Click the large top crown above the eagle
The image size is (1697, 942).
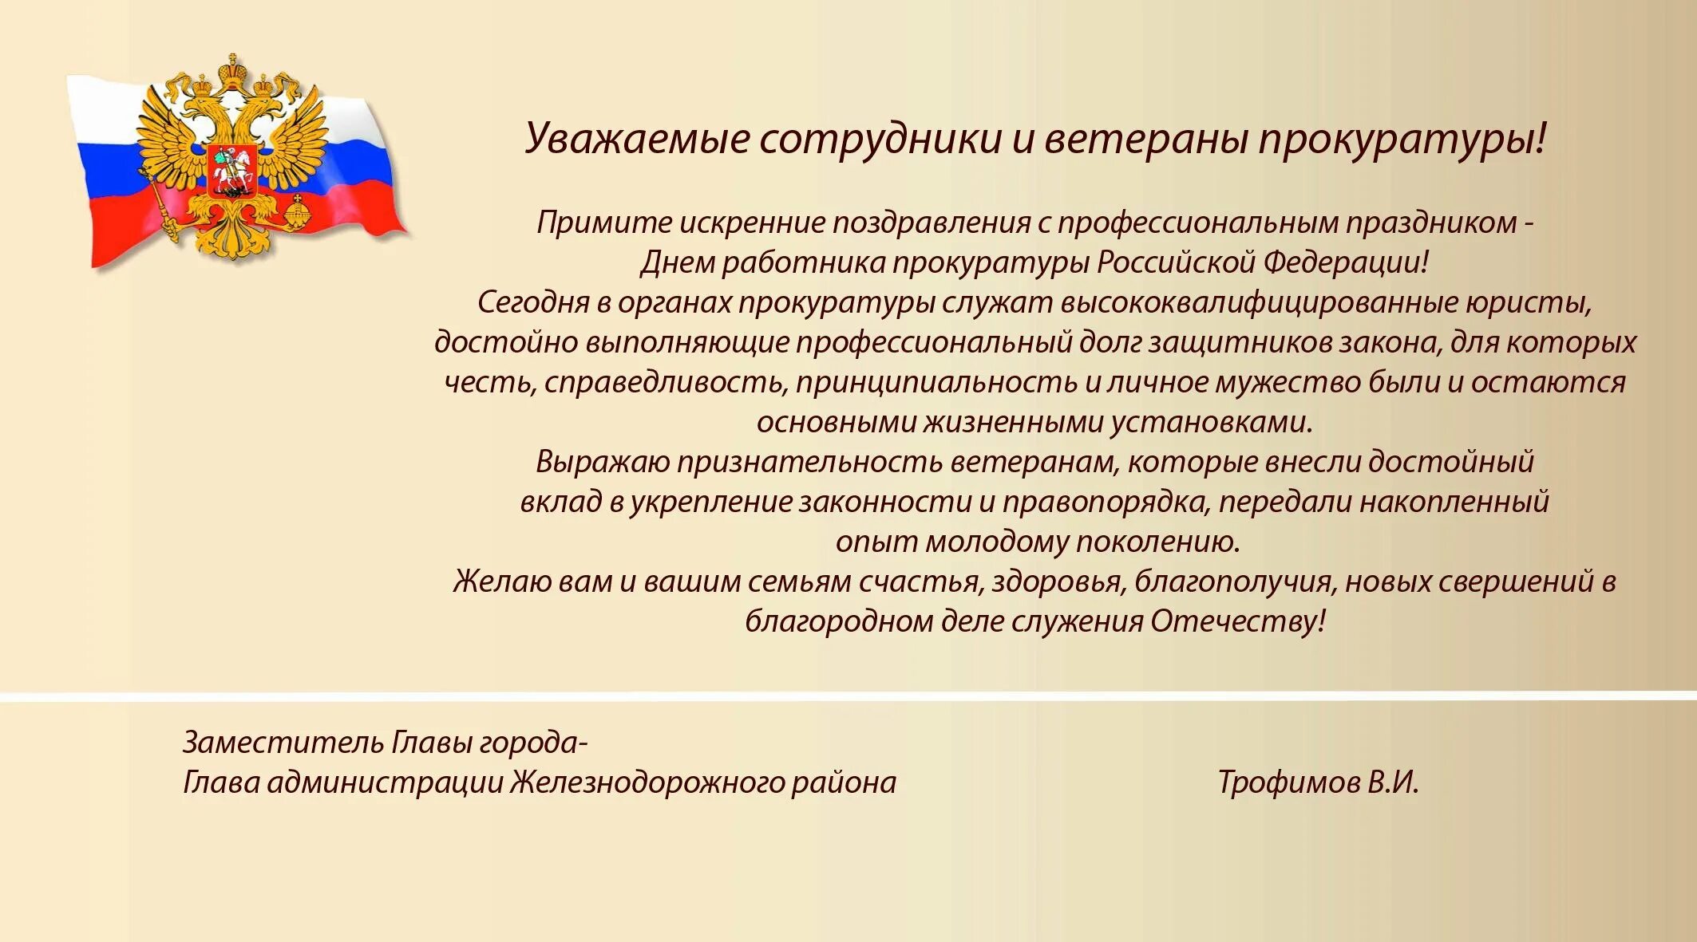[232, 71]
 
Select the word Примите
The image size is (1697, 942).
[603, 223]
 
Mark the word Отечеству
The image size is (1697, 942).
[1237, 621]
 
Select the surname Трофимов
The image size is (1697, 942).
[1288, 782]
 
